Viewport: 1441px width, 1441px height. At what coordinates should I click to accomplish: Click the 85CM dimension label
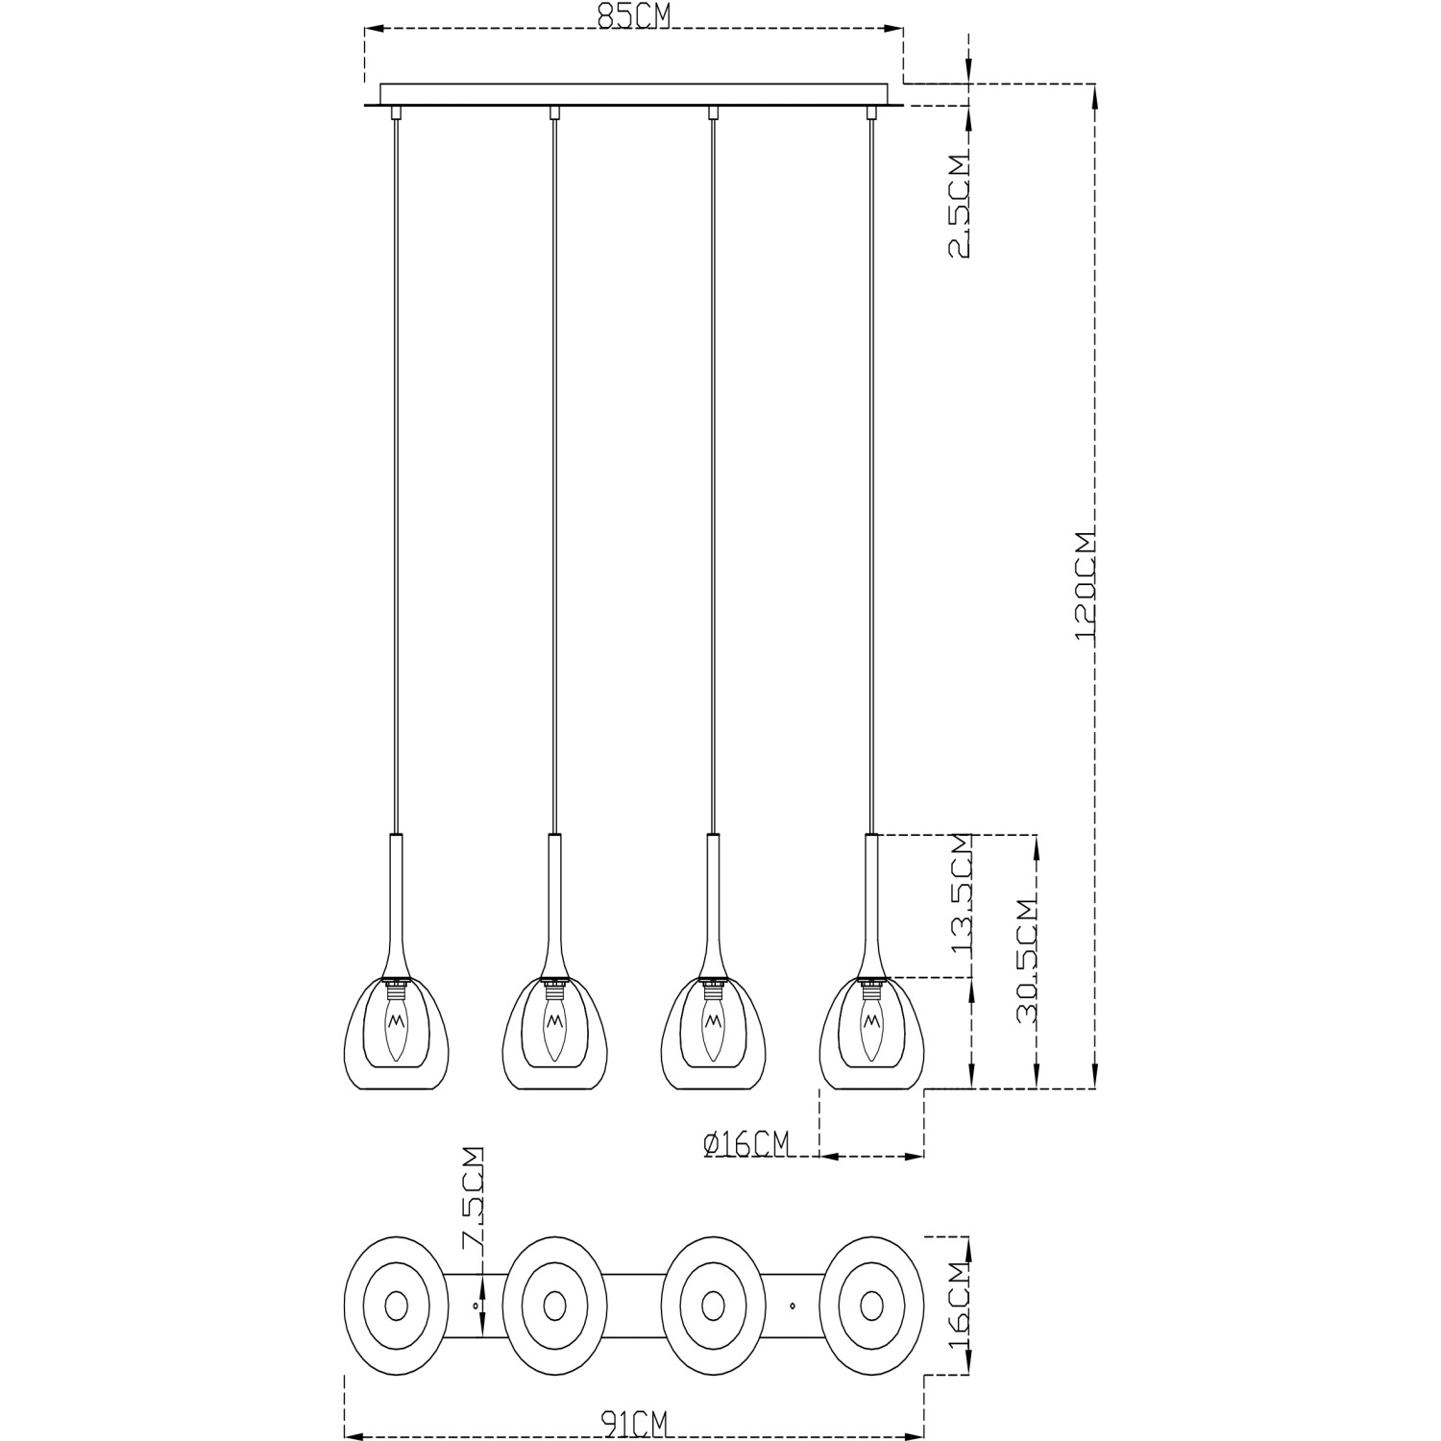[634, 17]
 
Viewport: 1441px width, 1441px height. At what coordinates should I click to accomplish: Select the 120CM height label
[1086, 585]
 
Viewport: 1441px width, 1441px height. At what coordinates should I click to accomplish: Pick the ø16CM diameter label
[746, 1143]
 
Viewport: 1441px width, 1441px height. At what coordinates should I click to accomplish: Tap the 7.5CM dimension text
[473, 1197]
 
